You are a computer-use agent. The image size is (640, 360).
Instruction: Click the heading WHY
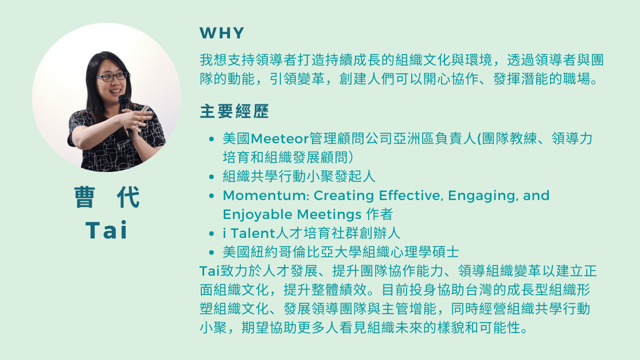[221, 33]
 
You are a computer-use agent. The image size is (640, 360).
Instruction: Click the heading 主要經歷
[235, 111]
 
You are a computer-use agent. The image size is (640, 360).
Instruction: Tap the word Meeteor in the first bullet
[280, 139]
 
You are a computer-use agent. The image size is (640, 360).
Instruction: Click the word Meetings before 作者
[329, 214]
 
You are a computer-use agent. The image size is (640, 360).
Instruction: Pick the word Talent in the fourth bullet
[253, 233]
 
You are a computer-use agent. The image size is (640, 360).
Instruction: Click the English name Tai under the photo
[107, 230]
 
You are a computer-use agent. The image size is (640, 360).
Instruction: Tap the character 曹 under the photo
[85, 197]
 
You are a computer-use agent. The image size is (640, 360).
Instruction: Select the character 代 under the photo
[128, 197]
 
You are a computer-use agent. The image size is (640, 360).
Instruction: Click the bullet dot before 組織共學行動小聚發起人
[212, 177]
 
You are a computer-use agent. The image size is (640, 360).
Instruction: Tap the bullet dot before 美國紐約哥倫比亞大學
[212, 253]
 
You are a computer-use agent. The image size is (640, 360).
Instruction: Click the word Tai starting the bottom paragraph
[210, 271]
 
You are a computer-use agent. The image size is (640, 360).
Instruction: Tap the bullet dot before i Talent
[212, 234]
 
